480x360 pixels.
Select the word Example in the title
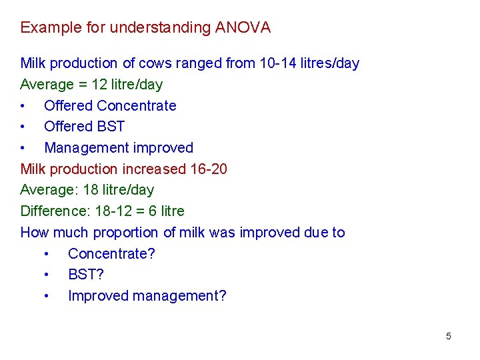47,27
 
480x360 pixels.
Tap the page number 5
449,336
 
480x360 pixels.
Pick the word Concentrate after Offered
137,106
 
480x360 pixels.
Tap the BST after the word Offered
111,127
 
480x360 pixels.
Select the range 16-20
209,169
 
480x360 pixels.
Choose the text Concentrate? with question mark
111,254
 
